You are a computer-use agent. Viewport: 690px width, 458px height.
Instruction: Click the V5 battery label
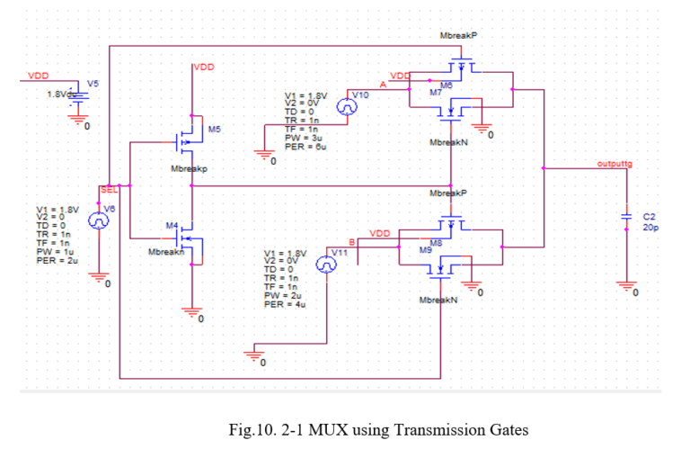[x=93, y=83]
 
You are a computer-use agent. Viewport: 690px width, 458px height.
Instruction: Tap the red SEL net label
[x=108, y=190]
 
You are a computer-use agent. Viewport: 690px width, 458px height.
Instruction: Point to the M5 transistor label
[x=214, y=130]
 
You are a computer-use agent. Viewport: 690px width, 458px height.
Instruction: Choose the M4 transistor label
[x=173, y=223]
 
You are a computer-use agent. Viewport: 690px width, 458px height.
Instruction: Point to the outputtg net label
[x=615, y=164]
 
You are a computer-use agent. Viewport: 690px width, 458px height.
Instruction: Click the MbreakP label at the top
[x=458, y=35]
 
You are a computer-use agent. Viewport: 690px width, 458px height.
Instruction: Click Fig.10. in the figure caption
[x=253, y=429]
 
